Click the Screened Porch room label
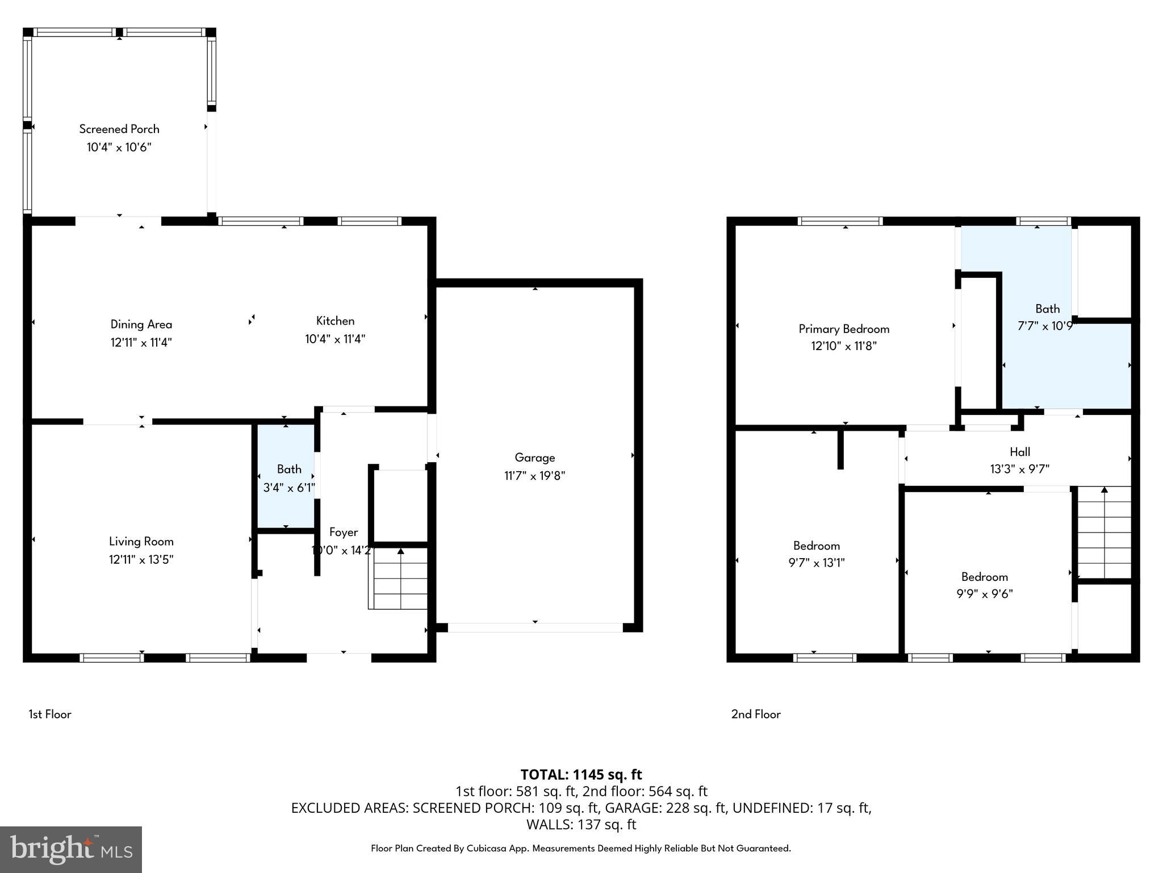coord(119,129)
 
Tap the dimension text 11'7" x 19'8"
coord(534,476)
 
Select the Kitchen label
coord(335,321)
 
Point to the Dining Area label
coord(141,325)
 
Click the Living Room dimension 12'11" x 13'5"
coord(141,560)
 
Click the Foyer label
coord(344,533)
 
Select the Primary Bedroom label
coord(844,329)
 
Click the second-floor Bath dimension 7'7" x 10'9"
coord(1046,326)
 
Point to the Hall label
coord(1019,452)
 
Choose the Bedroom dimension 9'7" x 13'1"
coord(816,563)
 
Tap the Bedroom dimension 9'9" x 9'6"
coord(984,594)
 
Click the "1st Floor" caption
coord(50,714)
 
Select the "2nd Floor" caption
coord(755,714)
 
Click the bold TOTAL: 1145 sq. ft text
coord(581,775)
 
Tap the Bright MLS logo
coord(71,849)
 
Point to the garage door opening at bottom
coord(534,627)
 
